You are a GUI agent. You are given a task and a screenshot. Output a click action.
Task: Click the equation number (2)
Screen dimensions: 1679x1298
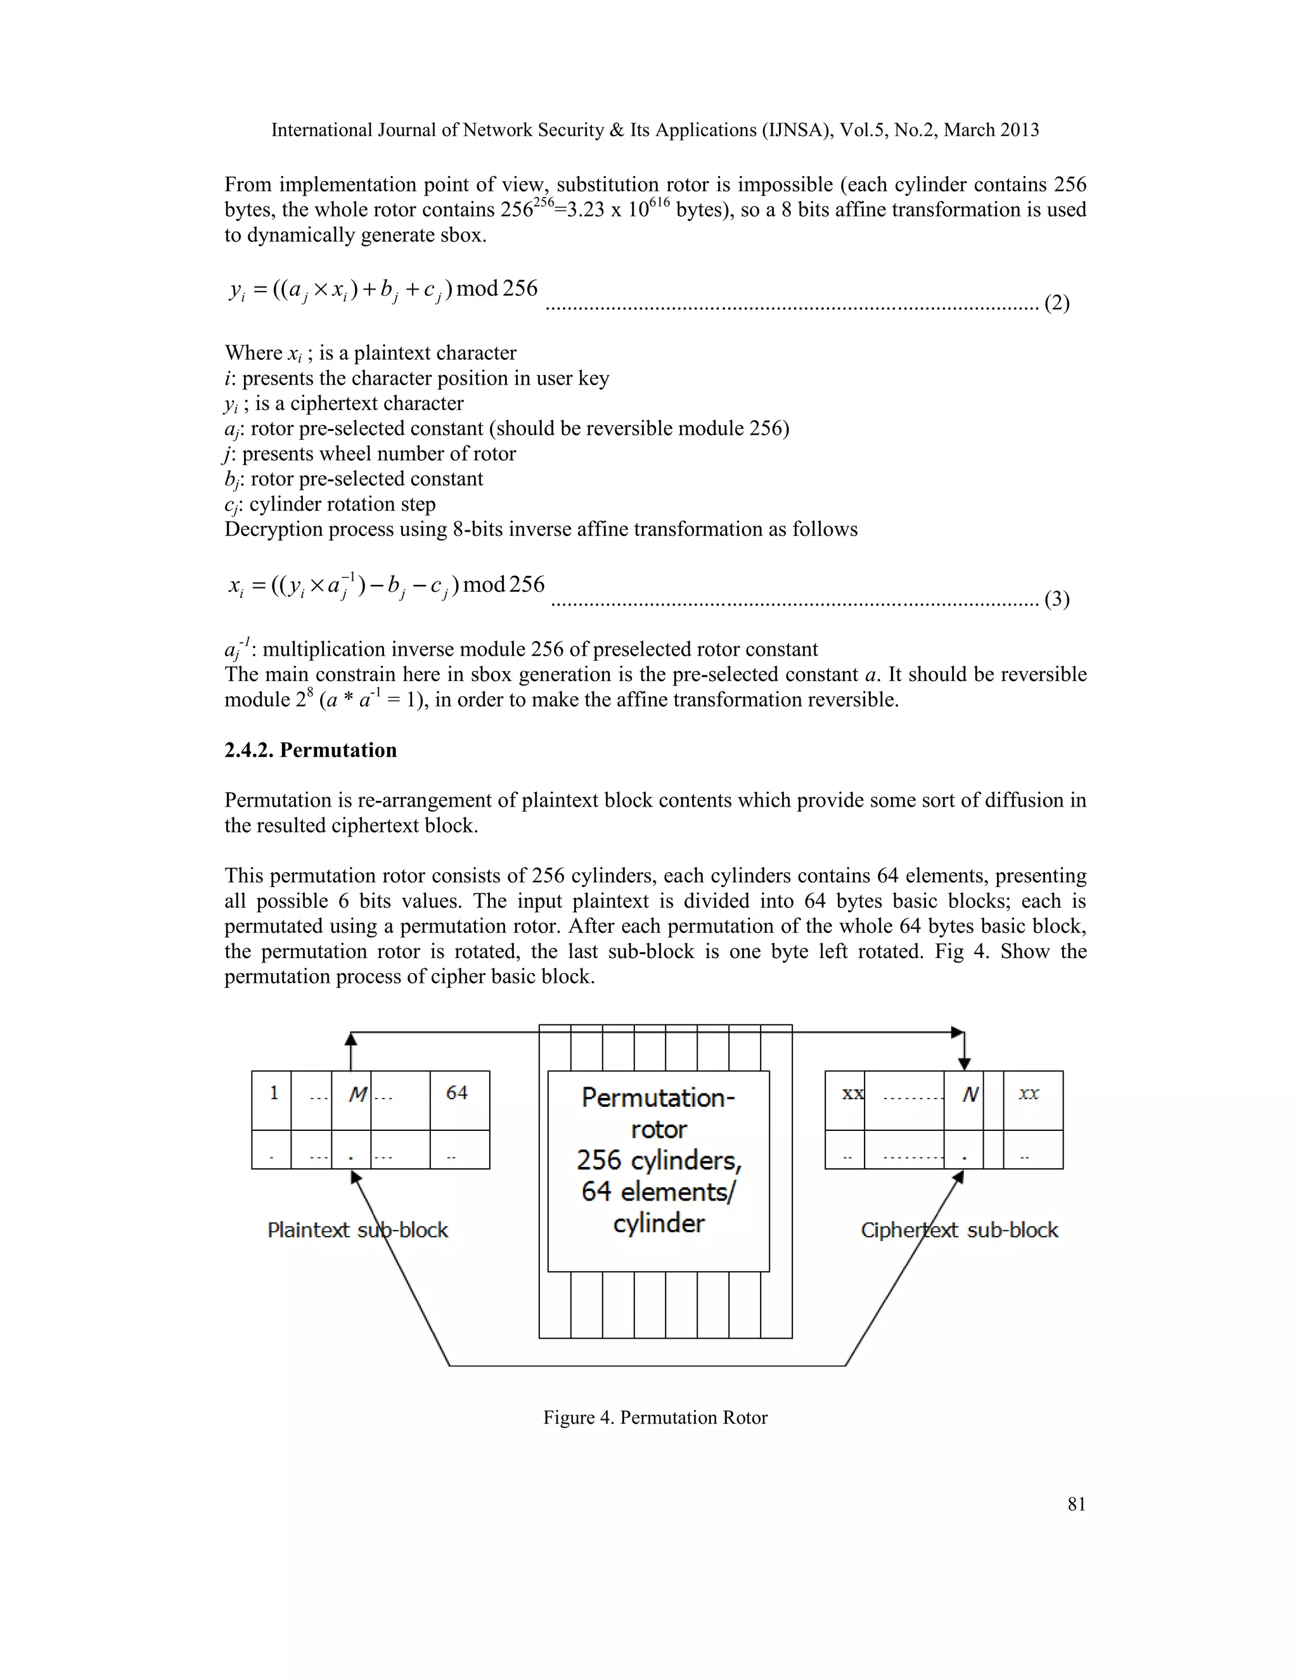point(1057,303)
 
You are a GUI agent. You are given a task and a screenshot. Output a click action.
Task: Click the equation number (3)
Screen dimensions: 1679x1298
point(1057,599)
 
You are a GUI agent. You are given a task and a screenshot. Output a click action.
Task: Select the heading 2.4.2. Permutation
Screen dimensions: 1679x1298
point(311,750)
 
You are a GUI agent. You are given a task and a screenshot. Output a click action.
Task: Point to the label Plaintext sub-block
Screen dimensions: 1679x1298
point(357,1230)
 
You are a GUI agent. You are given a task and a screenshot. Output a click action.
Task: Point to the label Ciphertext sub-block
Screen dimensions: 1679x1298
point(959,1230)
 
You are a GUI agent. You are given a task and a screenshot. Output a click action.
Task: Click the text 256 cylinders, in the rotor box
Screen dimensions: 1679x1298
point(659,1159)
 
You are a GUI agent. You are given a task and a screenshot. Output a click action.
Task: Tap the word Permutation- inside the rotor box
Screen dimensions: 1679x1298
point(659,1097)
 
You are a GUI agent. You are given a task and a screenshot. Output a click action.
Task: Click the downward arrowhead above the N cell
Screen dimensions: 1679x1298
point(964,1064)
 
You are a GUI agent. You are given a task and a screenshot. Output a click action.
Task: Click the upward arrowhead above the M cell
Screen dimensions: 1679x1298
point(350,1038)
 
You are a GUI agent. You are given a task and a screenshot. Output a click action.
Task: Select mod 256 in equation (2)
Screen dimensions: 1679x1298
point(497,289)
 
